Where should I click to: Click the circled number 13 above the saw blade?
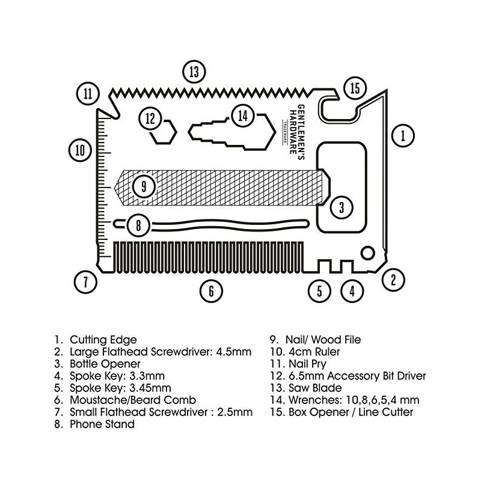pyautogui.click(x=194, y=72)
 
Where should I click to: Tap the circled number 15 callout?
pyautogui.click(x=355, y=88)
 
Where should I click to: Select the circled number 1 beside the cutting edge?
pyautogui.click(x=403, y=136)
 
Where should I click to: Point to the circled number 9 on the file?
pyautogui.click(x=144, y=186)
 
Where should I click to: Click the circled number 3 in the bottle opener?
pyautogui.click(x=342, y=207)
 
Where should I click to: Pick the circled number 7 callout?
pyautogui.click(x=85, y=281)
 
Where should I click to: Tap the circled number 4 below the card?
pyautogui.click(x=352, y=291)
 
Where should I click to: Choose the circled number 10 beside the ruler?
pyautogui.click(x=80, y=150)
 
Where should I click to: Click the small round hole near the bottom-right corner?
pyautogui.click(x=367, y=253)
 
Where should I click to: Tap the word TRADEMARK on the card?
pyautogui.click(x=284, y=132)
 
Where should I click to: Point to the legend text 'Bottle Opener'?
pyautogui.click(x=105, y=364)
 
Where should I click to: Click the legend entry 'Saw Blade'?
pyautogui.click(x=315, y=388)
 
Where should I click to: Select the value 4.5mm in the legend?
pyautogui.click(x=234, y=352)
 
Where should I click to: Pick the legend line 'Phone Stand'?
pyautogui.click(x=102, y=424)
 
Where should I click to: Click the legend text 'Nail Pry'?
pyautogui.click(x=307, y=364)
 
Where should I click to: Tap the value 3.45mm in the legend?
pyautogui.click(x=150, y=388)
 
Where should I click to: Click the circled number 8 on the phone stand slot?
pyautogui.click(x=138, y=225)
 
